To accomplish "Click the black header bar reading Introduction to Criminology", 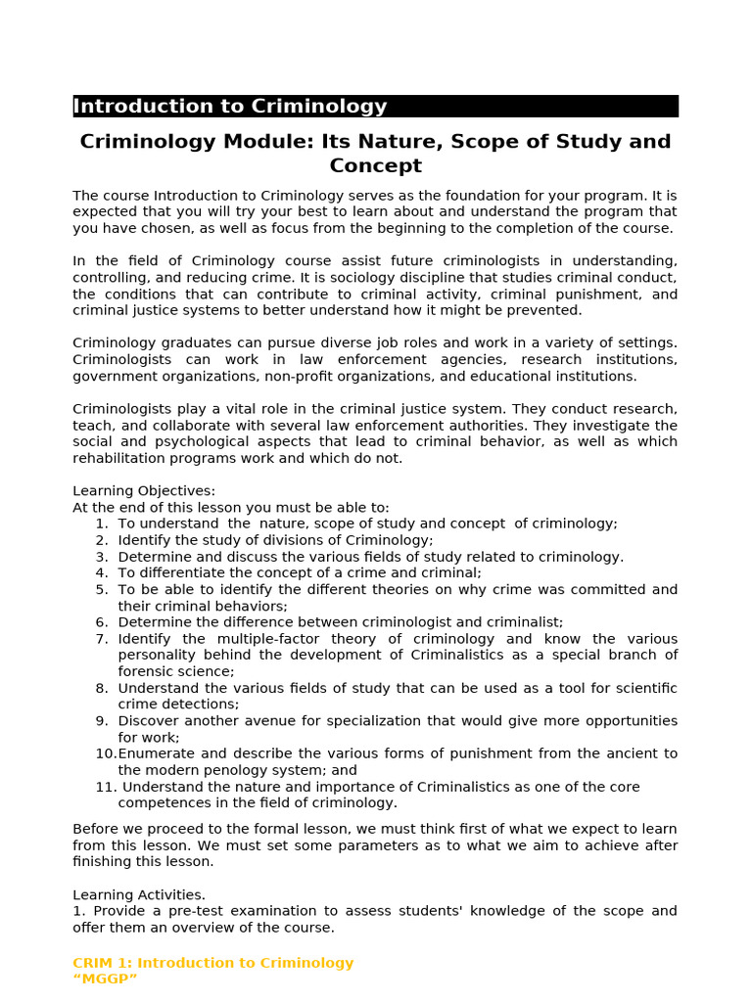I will pos(375,107).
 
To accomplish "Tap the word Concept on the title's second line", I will pos(375,166).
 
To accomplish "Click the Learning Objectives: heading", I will pos(144,491).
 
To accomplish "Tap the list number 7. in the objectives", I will pos(102,639).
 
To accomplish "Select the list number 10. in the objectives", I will pos(106,753).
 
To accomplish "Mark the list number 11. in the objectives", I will pos(105,787).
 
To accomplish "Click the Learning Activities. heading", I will pos(139,894).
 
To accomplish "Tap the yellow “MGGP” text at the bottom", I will pos(106,979).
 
